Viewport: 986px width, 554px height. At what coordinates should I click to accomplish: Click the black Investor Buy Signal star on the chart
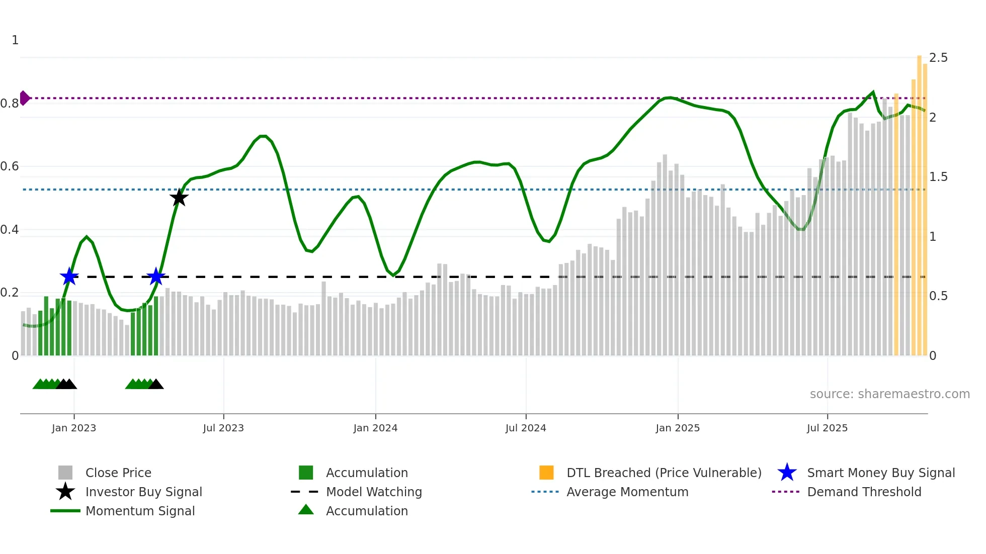(179, 198)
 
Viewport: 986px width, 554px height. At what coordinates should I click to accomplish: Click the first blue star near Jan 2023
(69, 276)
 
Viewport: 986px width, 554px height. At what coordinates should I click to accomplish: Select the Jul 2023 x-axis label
(223, 428)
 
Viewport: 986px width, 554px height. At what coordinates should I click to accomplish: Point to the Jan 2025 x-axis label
(678, 428)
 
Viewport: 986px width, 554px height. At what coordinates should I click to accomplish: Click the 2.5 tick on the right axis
(938, 58)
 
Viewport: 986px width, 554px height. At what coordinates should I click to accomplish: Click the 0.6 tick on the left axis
(10, 166)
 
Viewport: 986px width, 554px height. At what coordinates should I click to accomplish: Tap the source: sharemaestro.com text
(889, 394)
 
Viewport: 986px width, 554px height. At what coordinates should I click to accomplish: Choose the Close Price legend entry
(118, 473)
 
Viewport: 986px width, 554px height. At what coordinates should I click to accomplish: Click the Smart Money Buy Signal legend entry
(880, 473)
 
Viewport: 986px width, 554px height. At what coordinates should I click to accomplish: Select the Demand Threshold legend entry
(864, 492)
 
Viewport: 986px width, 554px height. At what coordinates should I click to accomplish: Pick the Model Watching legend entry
(373, 492)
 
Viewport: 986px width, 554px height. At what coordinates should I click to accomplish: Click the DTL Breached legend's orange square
(546, 473)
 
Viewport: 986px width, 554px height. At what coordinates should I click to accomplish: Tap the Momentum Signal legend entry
(140, 511)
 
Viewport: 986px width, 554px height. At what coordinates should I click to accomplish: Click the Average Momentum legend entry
(627, 492)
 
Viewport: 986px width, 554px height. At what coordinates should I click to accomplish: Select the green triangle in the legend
(306, 510)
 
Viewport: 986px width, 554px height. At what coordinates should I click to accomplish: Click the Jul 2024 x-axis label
(526, 428)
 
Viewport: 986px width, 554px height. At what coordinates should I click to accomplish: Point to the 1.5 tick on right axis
(938, 177)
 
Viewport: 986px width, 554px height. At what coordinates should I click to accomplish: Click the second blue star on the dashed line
(156, 276)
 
